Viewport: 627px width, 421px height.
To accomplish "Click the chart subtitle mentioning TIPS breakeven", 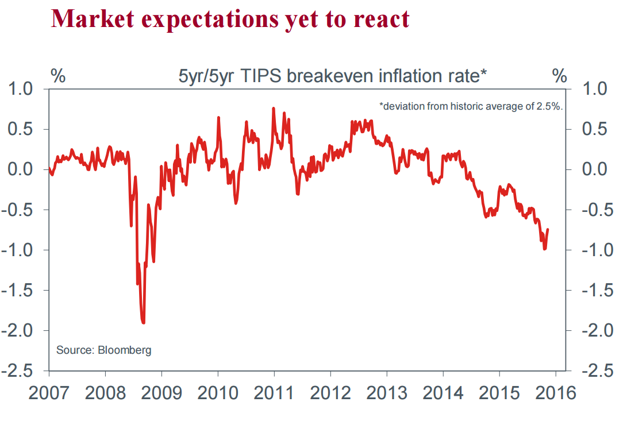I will point(333,76).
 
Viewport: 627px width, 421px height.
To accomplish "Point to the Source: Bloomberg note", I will point(104,350).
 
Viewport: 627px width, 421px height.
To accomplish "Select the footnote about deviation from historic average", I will point(471,106).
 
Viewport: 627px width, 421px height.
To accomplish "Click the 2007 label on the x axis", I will point(48,393).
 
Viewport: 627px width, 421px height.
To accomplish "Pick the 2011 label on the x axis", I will point(274,393).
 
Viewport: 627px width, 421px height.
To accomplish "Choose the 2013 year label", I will point(386,393).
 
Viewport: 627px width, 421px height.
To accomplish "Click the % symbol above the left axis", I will point(58,75).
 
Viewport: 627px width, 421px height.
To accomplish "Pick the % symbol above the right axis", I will point(559,75).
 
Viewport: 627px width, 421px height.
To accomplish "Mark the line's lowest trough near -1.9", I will point(143,322).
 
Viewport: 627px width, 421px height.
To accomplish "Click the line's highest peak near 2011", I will point(273,108).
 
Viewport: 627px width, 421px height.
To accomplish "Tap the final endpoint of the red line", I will point(548,230).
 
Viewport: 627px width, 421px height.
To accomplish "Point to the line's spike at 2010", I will point(218,117).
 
